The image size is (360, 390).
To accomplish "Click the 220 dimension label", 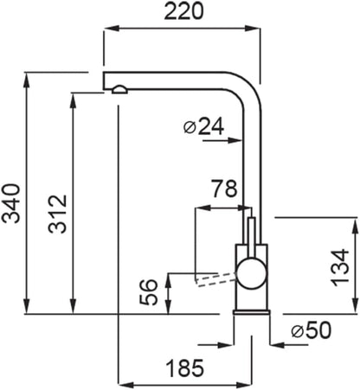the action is pos(184,12).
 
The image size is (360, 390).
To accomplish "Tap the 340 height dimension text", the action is pos(11,203).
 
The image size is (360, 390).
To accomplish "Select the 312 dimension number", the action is pos(57,214).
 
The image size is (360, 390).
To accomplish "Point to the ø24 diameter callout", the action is pos(203,126).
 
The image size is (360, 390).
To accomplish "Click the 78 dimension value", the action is pos(225,189).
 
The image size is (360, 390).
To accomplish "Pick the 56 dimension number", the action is pos(149,292).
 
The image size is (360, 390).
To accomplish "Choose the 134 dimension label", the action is pos(340,268).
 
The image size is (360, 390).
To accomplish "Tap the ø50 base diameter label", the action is pos(312,330).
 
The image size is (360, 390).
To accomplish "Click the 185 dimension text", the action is pos(185,368).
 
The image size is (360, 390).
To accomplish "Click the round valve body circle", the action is pos(252,273).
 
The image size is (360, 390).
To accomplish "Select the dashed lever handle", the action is pos(215,278).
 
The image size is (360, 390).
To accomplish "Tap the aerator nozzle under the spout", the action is pos(119,90).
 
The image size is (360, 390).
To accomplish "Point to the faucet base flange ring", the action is pos(252,313).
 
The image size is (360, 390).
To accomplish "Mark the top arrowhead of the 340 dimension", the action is pos(27,79).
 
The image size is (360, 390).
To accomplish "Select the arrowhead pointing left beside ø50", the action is pos(278,344).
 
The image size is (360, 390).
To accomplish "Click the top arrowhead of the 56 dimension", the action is pos(169,281).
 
